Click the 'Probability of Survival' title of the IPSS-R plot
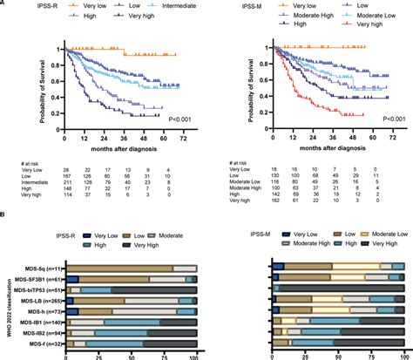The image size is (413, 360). [49, 85]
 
